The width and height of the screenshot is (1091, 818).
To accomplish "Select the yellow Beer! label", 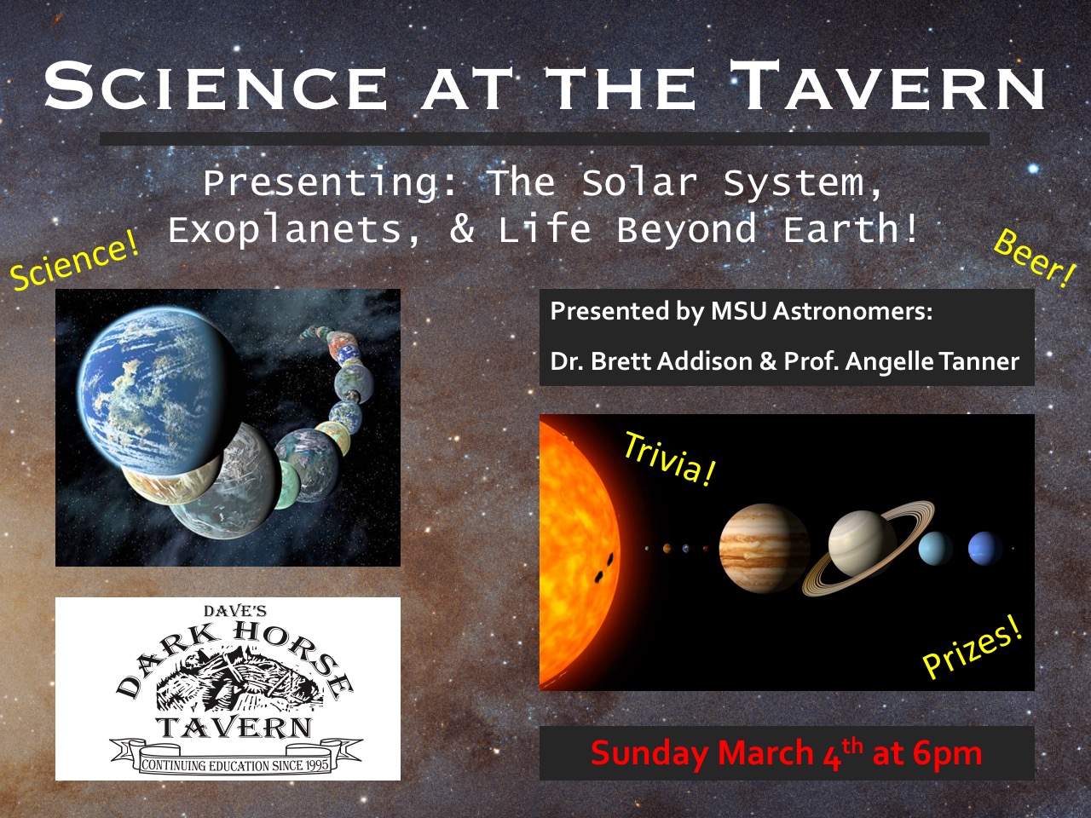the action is (1035, 258).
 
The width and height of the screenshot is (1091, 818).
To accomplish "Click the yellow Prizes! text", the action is (973, 652).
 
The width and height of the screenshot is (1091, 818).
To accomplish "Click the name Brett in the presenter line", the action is (622, 361).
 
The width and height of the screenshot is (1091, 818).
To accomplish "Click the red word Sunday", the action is (651, 752).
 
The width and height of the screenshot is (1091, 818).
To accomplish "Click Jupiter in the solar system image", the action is (764, 548).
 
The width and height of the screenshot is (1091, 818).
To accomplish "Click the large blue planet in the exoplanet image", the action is (160, 389).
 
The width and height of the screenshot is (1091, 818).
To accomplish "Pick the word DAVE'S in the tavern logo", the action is (235, 611).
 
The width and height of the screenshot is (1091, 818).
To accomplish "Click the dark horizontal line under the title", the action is (545, 139).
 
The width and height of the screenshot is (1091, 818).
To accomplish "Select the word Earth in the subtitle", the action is (841, 229).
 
